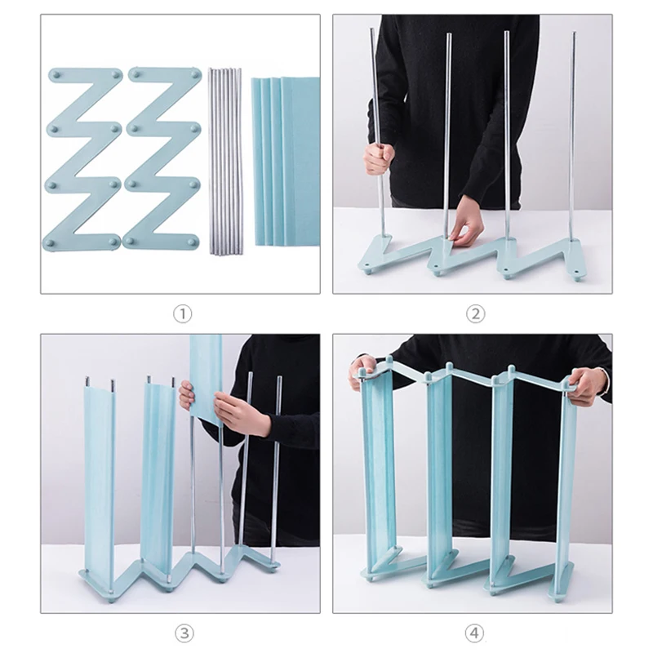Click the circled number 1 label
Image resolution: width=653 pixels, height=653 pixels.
182,314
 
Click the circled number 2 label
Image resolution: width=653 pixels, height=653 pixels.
475,314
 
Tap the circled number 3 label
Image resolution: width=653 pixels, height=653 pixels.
184,633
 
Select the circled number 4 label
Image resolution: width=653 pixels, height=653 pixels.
474,633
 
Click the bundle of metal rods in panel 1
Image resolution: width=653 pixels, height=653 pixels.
225,161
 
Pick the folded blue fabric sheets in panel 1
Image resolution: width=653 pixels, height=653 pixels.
285,162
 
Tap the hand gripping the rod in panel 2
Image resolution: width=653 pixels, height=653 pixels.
378,160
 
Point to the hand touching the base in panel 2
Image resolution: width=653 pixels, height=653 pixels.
467,229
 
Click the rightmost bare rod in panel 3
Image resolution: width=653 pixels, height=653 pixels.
277,471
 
